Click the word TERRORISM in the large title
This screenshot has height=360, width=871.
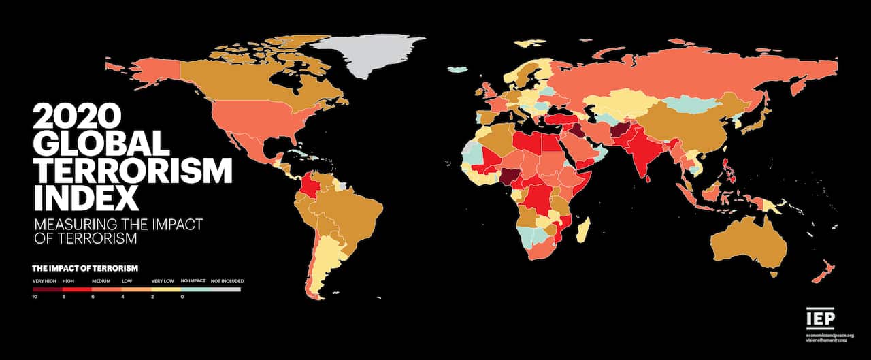pyautogui.click(x=132, y=170)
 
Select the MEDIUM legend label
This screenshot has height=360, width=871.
pyautogui.click(x=101, y=281)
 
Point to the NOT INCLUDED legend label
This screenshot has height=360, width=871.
pyautogui.click(x=227, y=281)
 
